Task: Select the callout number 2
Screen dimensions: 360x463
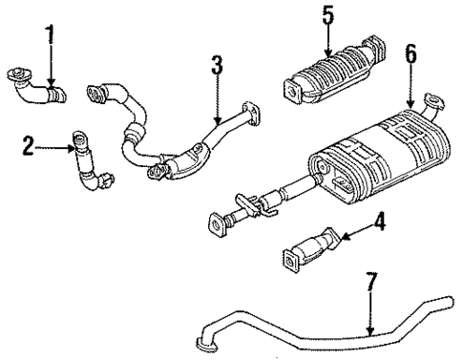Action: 30,146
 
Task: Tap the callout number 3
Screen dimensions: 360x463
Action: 217,68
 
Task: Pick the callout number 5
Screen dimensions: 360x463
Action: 327,16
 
